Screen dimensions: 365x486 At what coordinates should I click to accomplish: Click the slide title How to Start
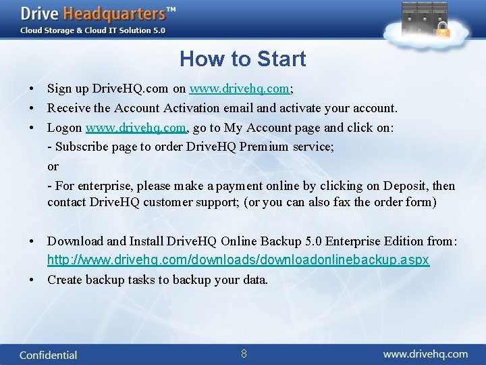242,59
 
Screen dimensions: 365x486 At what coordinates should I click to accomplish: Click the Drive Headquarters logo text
98,14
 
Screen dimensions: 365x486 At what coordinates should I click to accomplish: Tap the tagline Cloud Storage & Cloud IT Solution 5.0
92,30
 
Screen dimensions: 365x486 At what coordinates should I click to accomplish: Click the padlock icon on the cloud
443,30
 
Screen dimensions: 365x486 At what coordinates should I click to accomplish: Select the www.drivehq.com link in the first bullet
240,89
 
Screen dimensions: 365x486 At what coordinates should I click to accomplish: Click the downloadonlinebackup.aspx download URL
238,260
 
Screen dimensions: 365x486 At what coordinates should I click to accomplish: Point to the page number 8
244,354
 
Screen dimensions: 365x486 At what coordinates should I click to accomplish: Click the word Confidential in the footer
48,355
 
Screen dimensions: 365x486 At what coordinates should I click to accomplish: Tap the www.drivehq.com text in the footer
425,354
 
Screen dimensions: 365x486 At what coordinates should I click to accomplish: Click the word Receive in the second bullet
68,108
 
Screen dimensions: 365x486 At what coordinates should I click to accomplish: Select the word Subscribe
81,147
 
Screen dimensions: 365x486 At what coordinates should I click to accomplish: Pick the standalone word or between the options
53,166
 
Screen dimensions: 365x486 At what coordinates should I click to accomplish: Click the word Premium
248,147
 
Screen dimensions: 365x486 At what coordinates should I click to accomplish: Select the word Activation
190,108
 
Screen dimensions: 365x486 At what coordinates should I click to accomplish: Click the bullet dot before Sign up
32,89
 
